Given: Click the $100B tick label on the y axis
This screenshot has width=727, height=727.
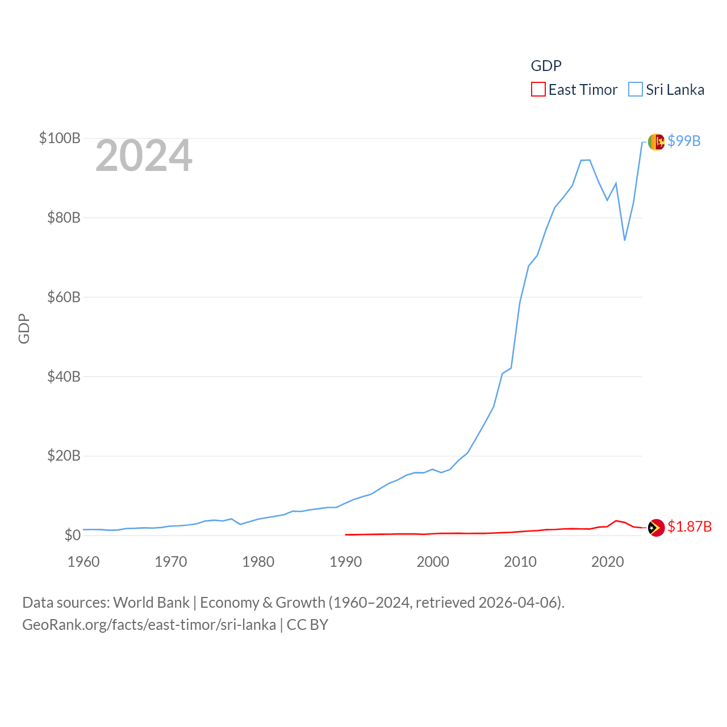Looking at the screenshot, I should click(x=60, y=138).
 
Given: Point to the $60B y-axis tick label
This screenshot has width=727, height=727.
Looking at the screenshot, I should click(x=64, y=297).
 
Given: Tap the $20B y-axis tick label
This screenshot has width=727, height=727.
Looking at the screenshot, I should click(x=64, y=456).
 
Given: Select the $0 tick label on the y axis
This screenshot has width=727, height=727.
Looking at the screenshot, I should click(x=72, y=535).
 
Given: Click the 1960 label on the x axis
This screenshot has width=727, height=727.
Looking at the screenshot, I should click(x=83, y=562).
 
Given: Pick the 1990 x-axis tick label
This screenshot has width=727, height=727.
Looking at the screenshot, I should click(x=345, y=562).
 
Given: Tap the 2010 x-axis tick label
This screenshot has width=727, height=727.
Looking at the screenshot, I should click(x=520, y=562).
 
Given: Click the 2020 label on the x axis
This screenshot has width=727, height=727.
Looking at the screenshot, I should click(x=608, y=562).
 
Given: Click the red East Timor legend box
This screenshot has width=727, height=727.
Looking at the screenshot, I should click(x=538, y=90).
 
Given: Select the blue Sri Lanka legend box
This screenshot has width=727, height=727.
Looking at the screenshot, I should click(x=636, y=90).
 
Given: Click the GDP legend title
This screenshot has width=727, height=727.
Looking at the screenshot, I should click(x=546, y=66).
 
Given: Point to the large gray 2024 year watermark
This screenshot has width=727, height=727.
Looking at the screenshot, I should click(x=144, y=156).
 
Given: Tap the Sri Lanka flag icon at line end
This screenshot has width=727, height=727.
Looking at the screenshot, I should click(x=656, y=141).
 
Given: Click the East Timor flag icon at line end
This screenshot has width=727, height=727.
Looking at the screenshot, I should click(x=656, y=528).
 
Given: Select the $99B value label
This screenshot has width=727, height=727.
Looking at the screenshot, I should click(x=684, y=141).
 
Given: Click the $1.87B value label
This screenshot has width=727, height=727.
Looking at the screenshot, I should click(x=690, y=527).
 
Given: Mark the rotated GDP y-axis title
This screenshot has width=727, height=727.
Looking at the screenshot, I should click(x=24, y=328).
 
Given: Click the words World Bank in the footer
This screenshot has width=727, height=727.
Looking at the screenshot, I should click(x=152, y=602).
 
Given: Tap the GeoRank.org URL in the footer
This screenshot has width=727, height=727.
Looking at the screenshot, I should click(x=149, y=625).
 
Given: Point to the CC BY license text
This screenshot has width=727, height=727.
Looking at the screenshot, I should click(x=307, y=625).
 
